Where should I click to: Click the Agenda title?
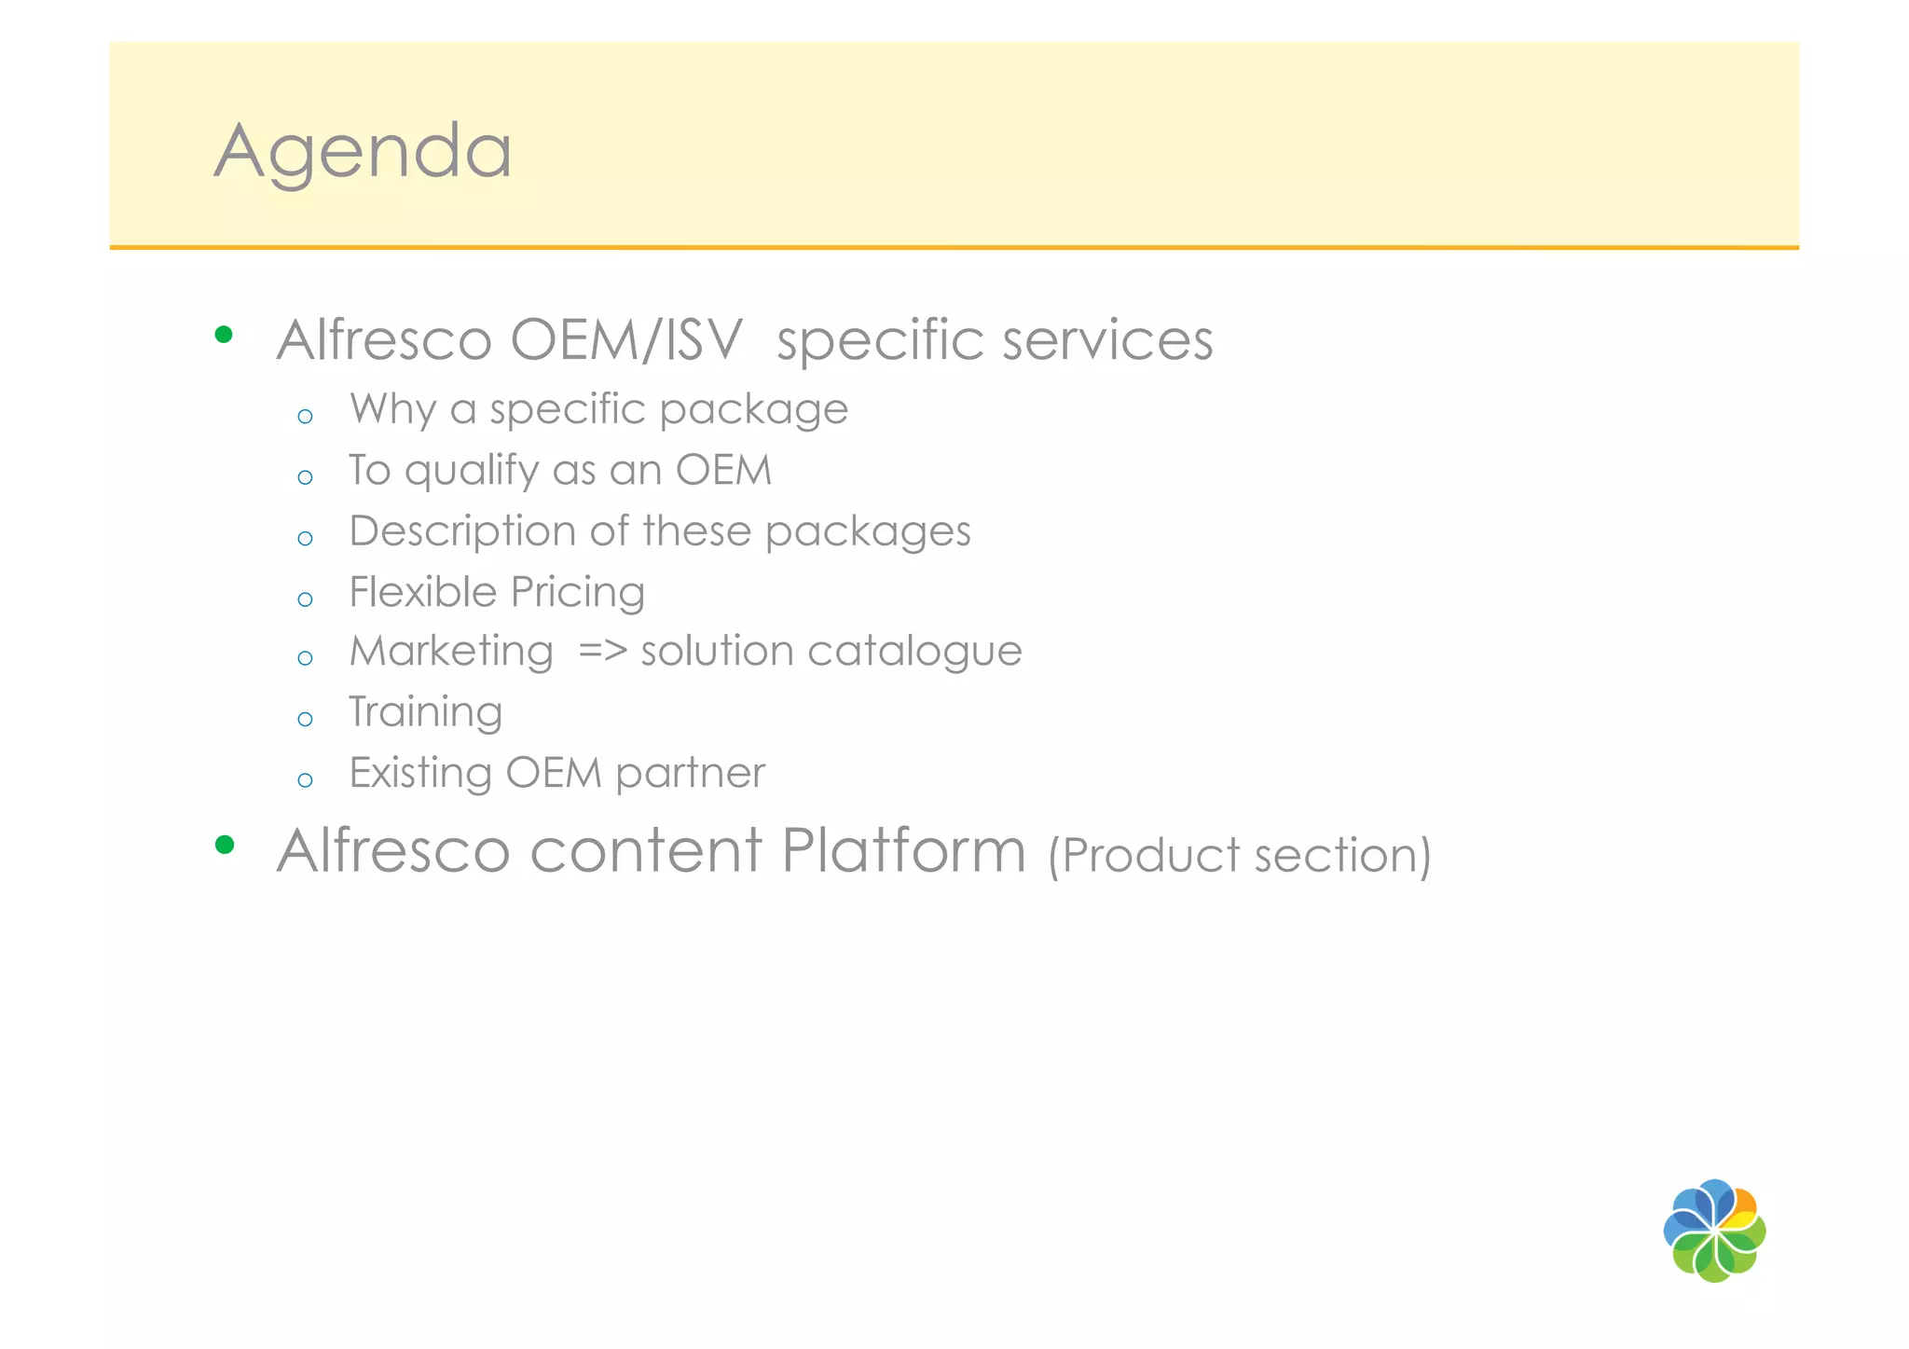[363, 151]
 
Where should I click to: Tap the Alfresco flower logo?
[1714, 1231]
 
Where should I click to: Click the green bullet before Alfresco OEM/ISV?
[224, 335]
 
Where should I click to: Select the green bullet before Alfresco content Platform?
[224, 845]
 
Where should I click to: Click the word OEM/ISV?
[626, 339]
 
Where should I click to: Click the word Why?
[392, 410]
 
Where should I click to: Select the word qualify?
[472, 471]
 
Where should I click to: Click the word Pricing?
[578, 592]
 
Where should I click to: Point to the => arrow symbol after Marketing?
[602, 652]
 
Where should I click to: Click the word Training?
[426, 713]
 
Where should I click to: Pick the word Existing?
[420, 773]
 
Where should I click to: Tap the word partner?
[690, 774]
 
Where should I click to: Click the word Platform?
[903, 851]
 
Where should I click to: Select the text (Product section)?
[1240, 855]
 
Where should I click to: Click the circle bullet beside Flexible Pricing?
[305, 599]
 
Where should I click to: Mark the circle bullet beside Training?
[305, 720]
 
